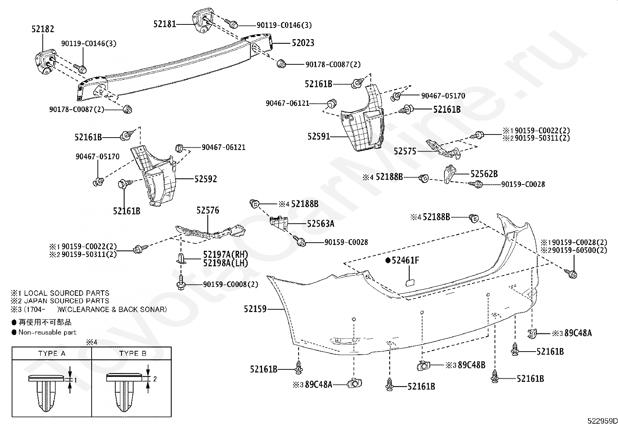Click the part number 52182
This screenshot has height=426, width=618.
pos(43,29)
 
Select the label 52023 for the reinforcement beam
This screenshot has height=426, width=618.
pos(303,43)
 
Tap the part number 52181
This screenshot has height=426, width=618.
pos(165,24)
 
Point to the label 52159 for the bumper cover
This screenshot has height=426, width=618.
pos(255,309)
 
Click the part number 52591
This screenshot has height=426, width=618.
pos(319,136)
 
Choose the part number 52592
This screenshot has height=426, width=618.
pos(206,179)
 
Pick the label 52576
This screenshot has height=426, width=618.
pos(208,210)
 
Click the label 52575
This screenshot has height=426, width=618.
pos(405,151)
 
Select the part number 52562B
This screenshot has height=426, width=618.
pos(484,174)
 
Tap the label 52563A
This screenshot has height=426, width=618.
pos(321,224)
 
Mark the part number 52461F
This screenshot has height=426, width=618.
pos(405,260)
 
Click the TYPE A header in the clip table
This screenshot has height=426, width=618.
pos(52,354)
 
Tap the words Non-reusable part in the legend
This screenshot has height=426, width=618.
pos(47,332)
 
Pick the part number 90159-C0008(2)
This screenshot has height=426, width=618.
pos(231,285)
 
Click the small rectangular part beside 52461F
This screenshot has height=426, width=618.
pos(410,282)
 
